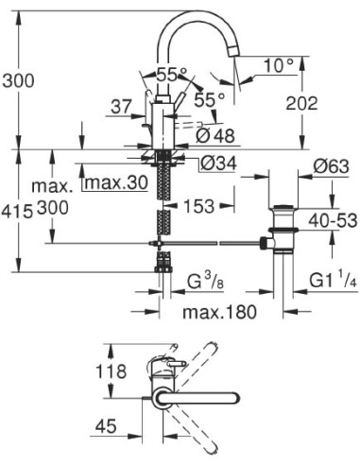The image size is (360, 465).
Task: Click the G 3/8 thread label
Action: [x=206, y=281]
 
